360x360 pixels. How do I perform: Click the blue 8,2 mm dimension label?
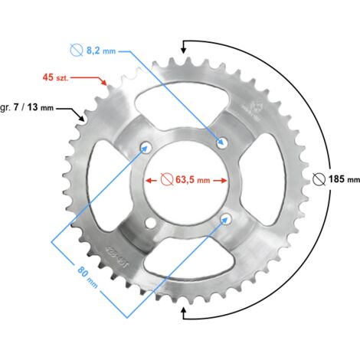pyautogui.click(x=101, y=51)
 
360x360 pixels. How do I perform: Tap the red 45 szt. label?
pyautogui.click(x=56, y=77)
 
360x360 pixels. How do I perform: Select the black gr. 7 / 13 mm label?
pyautogui.click(x=27, y=107)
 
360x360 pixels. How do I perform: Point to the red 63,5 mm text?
pyautogui.click(x=192, y=179)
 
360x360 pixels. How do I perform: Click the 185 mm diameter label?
pyautogui.click(x=344, y=179)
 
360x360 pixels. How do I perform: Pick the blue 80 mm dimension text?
pyautogui.click(x=87, y=277)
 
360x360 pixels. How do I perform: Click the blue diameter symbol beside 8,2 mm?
pyautogui.click(x=77, y=50)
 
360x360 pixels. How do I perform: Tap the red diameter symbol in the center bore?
pyautogui.click(x=167, y=179)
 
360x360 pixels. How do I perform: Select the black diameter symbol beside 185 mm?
pyautogui.click(x=319, y=179)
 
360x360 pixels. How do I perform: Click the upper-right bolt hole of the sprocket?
pyautogui.click(x=222, y=142)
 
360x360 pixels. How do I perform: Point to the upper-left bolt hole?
pyautogui.click(x=146, y=147)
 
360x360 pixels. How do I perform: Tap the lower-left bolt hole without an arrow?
pyautogui.click(x=150, y=223)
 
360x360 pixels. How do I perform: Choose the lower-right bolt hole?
pyautogui.click(x=226, y=219)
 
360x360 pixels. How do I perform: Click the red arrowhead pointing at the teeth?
pyautogui.click(x=103, y=82)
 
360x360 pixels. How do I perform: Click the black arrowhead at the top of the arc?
pyautogui.click(x=183, y=50)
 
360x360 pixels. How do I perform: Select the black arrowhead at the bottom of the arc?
pyautogui.click(x=183, y=311)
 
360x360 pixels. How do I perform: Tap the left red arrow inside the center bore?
pyautogui.click(x=151, y=181)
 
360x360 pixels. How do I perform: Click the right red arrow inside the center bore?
pyautogui.click(x=220, y=181)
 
